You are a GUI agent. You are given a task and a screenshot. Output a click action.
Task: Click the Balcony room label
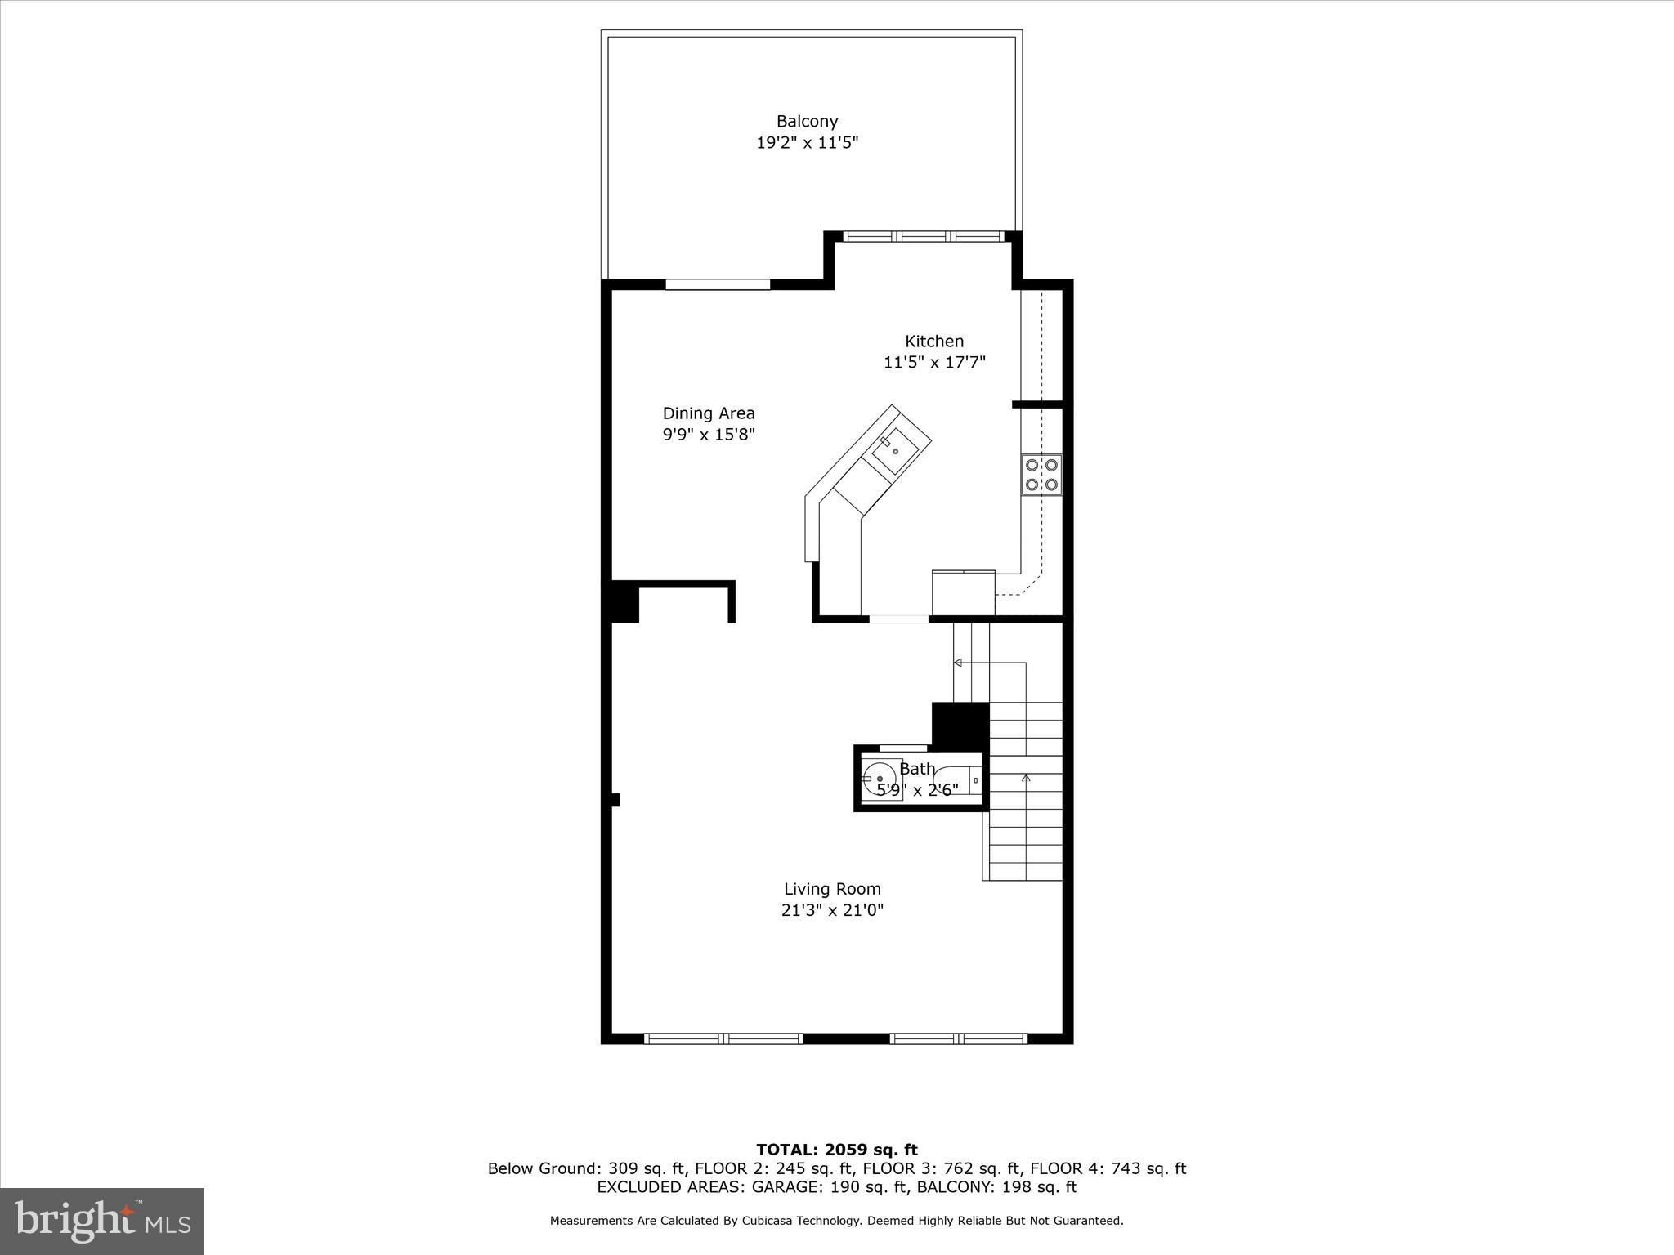click(x=807, y=122)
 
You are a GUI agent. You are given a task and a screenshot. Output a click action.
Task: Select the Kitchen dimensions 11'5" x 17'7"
click(x=934, y=363)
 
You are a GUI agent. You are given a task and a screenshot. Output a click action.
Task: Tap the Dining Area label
click(x=709, y=413)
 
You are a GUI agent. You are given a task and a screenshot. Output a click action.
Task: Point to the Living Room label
click(x=832, y=889)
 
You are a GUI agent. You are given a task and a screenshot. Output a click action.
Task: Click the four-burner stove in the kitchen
click(x=1041, y=475)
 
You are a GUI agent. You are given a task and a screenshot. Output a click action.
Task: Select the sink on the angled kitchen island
click(x=895, y=449)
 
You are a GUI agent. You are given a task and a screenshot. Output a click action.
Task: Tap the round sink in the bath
click(x=879, y=779)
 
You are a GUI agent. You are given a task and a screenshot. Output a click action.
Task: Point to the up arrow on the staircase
click(x=1026, y=779)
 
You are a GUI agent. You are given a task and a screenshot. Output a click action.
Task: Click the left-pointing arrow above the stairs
click(x=958, y=662)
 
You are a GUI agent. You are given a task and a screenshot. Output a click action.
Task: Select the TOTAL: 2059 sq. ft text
click(x=836, y=1150)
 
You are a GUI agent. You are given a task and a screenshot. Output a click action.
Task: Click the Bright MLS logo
click(x=102, y=1222)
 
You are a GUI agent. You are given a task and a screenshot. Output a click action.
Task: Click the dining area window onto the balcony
click(x=718, y=284)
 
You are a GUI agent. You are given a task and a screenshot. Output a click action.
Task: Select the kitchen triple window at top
click(x=924, y=237)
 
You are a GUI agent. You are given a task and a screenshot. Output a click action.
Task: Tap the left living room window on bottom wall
click(x=723, y=1038)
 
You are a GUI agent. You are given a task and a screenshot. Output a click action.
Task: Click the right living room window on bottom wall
click(x=958, y=1038)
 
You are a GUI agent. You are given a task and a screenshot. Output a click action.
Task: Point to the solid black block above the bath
click(x=960, y=725)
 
